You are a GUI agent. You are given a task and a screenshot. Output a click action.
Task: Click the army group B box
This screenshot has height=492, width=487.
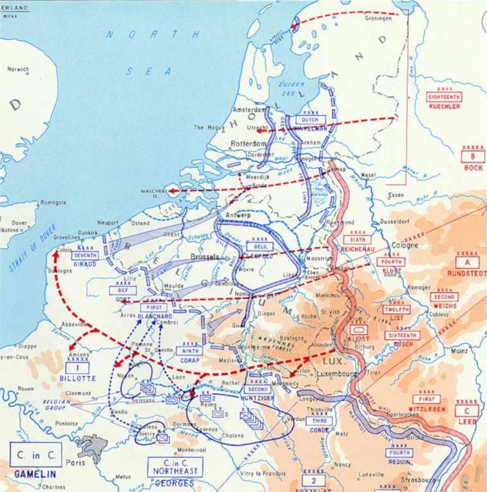tap(473, 156)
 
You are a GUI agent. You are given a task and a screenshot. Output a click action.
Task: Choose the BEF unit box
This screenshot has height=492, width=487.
tap(123, 291)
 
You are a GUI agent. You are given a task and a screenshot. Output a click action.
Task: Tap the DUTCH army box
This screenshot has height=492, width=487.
tap(310, 120)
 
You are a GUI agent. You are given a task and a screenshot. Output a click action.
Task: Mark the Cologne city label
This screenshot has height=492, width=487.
tap(405, 245)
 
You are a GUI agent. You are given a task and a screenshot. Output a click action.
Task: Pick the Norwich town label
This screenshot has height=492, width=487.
tap(18, 69)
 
